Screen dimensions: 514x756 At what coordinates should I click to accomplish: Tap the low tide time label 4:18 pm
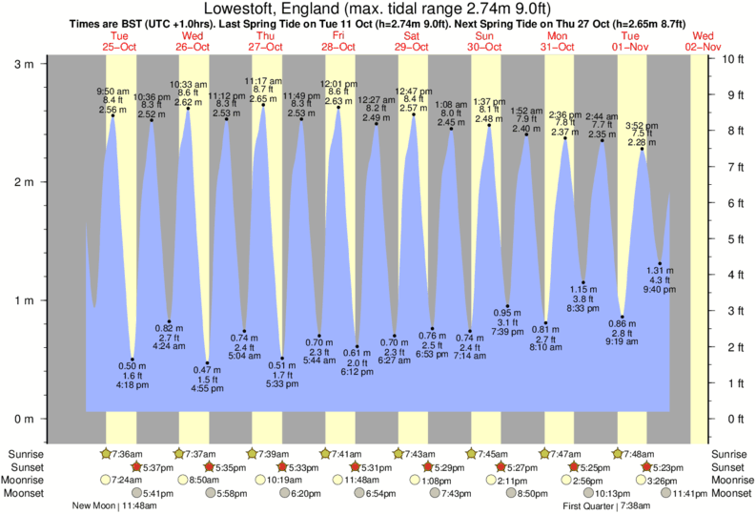(x=133, y=385)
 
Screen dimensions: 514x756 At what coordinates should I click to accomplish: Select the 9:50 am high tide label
(x=112, y=92)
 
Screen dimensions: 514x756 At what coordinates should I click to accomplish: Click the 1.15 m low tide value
(x=583, y=289)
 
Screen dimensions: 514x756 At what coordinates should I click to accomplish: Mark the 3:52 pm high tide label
(x=643, y=125)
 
